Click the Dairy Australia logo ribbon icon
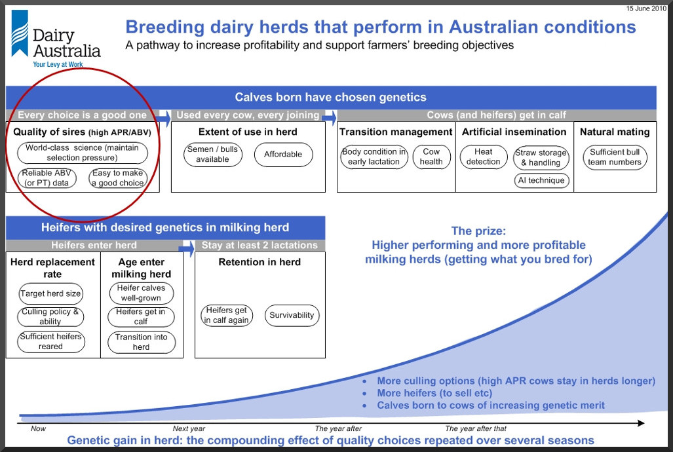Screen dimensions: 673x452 [20, 33]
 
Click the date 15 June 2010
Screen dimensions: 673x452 [646, 8]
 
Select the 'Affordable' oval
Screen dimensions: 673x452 [283, 155]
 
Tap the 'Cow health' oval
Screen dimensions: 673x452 [431, 157]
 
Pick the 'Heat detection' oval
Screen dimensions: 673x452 [484, 157]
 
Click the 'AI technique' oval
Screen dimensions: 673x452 [541, 180]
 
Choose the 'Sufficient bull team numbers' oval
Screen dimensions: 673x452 [615, 157]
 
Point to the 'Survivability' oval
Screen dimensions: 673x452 [292, 315]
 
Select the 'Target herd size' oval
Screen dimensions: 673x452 [50, 293]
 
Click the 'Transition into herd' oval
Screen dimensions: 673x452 [141, 342]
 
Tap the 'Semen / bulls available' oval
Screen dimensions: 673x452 [213, 155]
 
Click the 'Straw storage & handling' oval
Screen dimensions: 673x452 [541, 157]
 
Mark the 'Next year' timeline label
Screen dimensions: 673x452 [189, 428]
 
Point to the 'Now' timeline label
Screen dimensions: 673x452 [38, 428]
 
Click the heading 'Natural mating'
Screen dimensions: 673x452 [615, 132]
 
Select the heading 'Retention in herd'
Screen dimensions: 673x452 [260, 262]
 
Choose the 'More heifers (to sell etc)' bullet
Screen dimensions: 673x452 [434, 393]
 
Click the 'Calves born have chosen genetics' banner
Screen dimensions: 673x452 [331, 97]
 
